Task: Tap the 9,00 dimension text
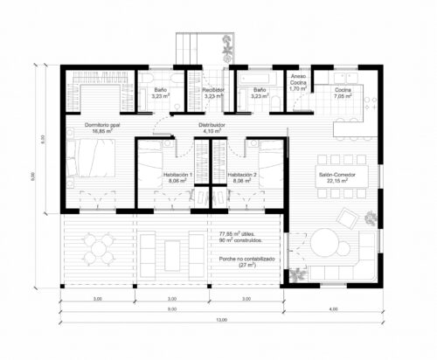coord(172,309)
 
